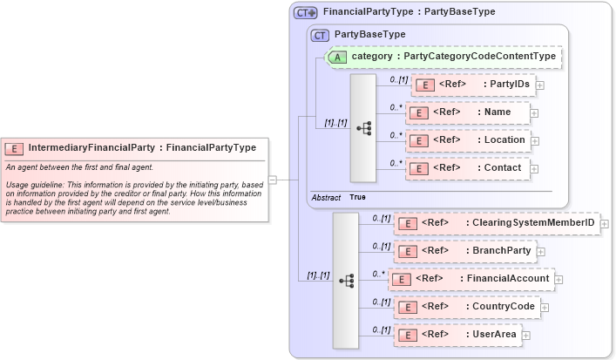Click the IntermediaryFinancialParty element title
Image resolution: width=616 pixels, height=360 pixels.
tap(143, 147)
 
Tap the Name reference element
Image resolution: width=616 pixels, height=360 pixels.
tap(468, 112)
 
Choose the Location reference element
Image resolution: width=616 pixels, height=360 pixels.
tap(468, 140)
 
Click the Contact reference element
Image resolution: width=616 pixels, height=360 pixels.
tap(468, 168)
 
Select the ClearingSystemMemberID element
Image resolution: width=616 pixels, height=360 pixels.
tap(497, 223)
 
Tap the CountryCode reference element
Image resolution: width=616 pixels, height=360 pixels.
tap(466, 307)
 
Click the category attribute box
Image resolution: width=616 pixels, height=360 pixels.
tap(443, 57)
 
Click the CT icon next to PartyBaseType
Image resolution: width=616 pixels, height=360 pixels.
tap(320, 34)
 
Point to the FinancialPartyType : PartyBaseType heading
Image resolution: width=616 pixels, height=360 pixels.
tap(409, 12)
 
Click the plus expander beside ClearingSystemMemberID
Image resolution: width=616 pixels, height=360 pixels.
tap(605, 224)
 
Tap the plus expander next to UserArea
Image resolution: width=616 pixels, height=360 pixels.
tap(526, 336)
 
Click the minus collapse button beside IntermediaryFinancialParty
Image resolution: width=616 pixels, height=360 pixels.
tap(273, 180)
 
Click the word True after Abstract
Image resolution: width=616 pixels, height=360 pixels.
tap(357, 198)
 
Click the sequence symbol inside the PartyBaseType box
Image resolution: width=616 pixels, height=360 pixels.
tap(363, 127)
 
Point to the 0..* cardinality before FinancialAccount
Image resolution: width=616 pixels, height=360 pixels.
tap(377, 274)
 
